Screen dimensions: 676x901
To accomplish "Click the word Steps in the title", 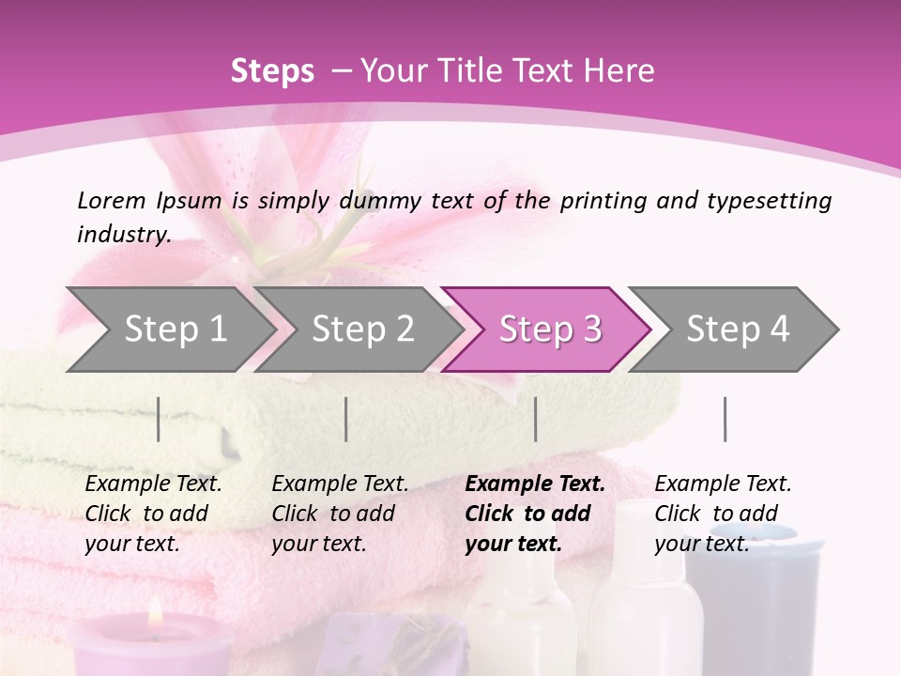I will [272, 70].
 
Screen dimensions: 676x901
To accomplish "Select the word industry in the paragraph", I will [123, 234].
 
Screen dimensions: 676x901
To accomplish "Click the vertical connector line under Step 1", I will [159, 419].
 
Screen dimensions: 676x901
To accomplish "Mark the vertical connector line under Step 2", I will [346, 419].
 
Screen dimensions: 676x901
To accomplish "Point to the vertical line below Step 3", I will [536, 419].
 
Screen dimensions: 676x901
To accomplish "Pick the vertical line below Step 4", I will [725, 419].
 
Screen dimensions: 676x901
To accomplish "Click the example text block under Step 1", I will [153, 514].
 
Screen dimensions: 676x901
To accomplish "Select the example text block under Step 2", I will [340, 514].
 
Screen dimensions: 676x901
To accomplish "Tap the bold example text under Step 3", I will [534, 514].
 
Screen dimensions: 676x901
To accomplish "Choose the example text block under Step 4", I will [723, 514].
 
